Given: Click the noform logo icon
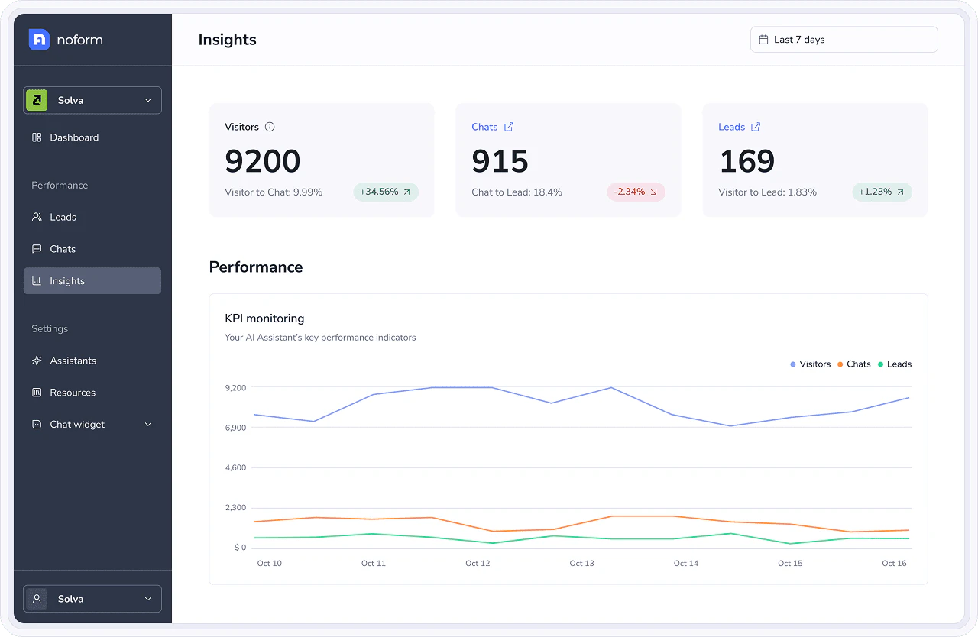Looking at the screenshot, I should point(39,40).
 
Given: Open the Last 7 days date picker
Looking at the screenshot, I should point(844,40).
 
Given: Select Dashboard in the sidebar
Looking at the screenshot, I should point(74,137).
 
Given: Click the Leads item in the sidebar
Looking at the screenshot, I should point(63,217).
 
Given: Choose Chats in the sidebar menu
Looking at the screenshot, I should point(63,249).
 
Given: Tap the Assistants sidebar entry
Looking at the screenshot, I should point(73,361).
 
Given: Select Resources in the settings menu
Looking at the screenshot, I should point(73,393).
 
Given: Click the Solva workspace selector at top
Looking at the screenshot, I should point(92,100).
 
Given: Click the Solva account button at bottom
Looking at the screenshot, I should point(92,599).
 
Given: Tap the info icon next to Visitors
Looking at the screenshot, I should point(270,127).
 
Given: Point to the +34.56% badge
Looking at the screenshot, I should point(386,192).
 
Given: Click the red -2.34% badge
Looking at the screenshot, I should point(636,192).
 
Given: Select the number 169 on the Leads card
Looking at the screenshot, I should point(747,161).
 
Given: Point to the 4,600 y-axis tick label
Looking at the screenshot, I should point(235,467).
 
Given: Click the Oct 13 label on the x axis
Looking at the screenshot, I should point(581,563).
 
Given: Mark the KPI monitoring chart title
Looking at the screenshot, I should point(264,318).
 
